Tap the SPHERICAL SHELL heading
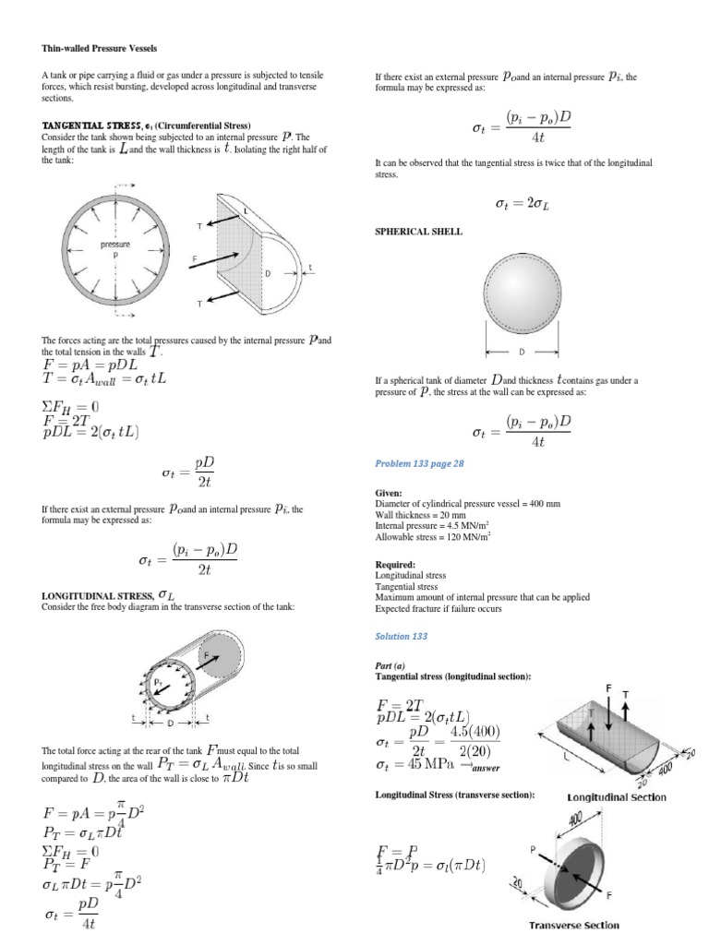[417, 232]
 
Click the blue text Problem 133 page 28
[418, 464]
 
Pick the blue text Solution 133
[402, 637]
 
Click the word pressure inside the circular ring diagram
[115, 245]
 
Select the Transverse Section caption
[573, 926]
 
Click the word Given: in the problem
[389, 494]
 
